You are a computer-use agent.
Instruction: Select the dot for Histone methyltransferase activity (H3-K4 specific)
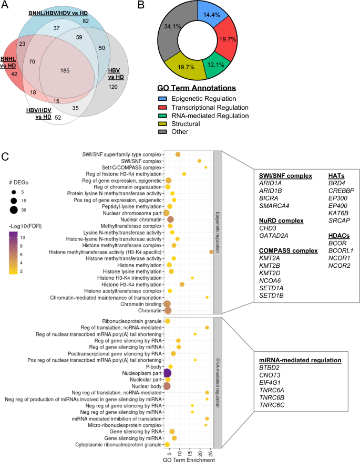(x=211, y=252)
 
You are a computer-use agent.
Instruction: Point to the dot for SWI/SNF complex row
(x=199, y=161)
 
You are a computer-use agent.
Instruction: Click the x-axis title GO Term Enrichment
(x=189, y=460)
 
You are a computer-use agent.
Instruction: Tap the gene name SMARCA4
(x=272, y=205)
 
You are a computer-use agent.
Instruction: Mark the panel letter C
(x=5, y=157)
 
